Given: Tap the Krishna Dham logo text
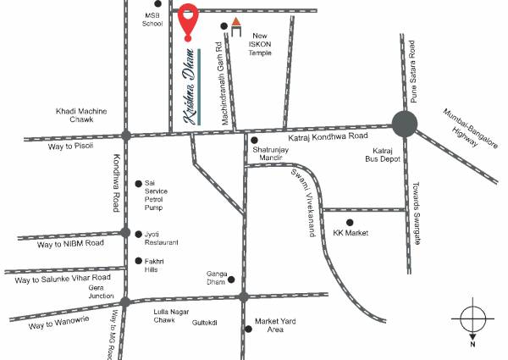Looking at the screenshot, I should (188, 88).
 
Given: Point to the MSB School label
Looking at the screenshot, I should (152, 19).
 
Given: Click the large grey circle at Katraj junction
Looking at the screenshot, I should (404, 125).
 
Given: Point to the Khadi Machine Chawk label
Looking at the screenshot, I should (80, 116).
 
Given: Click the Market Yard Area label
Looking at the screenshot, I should (275, 325).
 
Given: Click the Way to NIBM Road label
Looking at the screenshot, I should (70, 243).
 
